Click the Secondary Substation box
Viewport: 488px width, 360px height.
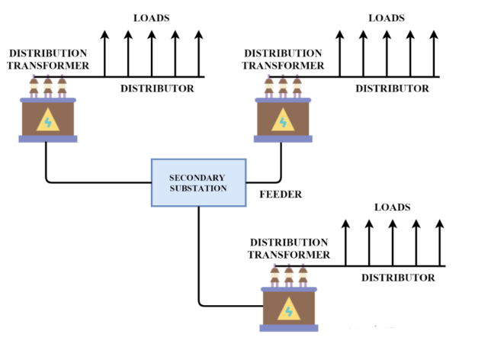[197, 182]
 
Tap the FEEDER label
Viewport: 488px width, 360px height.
[281, 194]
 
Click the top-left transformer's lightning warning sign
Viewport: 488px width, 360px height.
[48, 121]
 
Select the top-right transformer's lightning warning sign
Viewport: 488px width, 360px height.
[283, 121]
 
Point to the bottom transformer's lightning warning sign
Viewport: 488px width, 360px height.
[288, 310]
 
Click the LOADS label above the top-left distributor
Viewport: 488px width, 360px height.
[151, 17]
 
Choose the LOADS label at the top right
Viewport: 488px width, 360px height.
[386, 17]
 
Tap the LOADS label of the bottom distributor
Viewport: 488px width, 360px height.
[392, 207]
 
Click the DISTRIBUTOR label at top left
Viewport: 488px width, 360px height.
[157, 88]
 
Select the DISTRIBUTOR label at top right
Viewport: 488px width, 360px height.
[392, 88]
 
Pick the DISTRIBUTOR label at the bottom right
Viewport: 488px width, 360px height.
[398, 278]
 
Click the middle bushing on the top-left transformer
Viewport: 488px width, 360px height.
[48, 87]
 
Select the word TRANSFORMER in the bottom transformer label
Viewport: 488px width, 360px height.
[289, 254]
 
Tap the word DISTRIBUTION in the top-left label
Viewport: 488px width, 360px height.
[47, 53]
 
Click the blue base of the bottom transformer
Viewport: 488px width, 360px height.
[288, 328]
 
